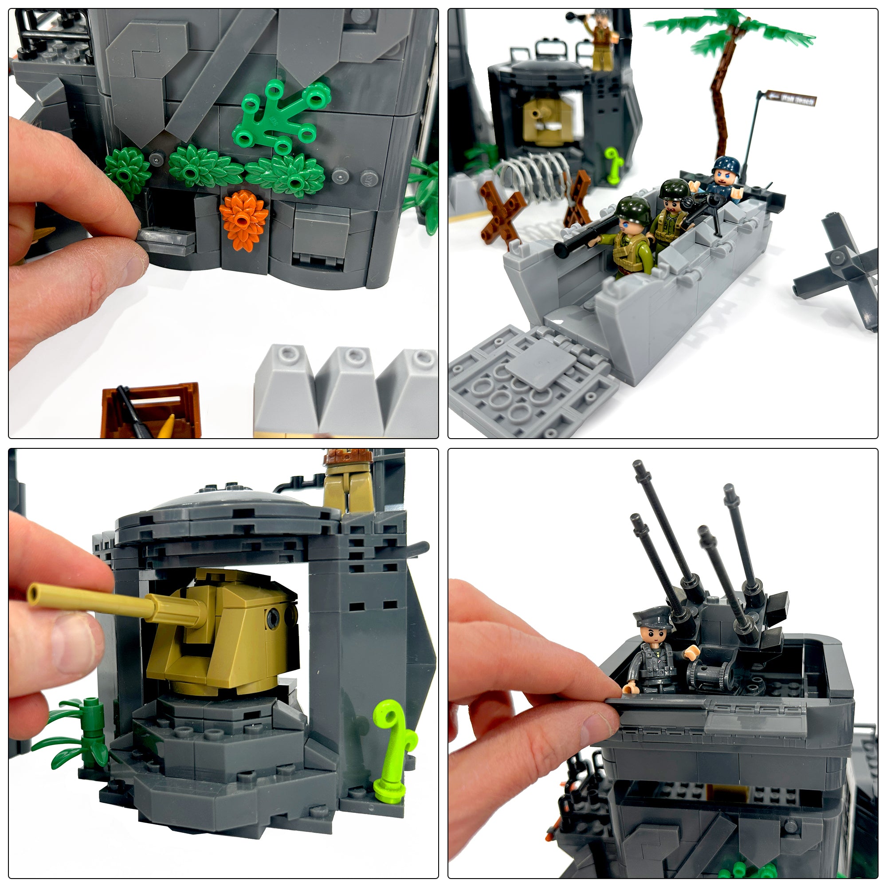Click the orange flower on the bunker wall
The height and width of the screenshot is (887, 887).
[x=243, y=220]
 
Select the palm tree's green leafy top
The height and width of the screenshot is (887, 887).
[x=730, y=32]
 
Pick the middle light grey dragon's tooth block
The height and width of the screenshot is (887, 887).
[x=345, y=390]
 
